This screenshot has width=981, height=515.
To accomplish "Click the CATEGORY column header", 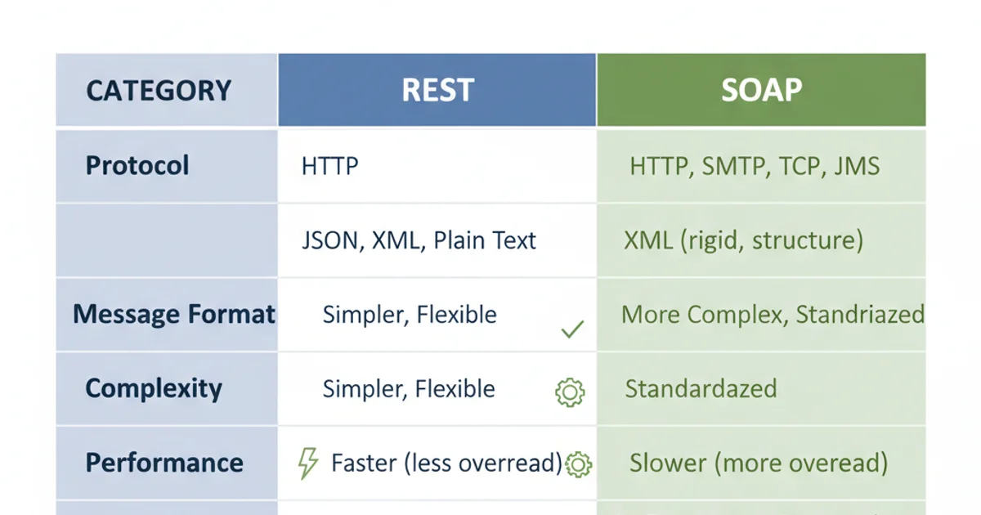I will pos(159,91).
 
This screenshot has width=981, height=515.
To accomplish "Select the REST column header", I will pos(437,91).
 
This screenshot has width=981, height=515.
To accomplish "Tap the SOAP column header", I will pos(761,91).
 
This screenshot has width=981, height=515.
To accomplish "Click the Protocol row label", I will pos(137,166).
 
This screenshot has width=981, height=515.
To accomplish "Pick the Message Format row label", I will pos(174,315).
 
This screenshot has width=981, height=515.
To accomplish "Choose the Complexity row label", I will pos(154,388).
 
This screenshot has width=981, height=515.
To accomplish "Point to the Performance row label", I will pos(164,463).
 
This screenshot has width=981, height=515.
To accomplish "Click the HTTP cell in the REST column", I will pos(329,167).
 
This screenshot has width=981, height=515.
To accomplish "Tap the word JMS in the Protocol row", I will pos(857,167).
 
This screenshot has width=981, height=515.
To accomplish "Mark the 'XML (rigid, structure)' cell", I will pos(743,241).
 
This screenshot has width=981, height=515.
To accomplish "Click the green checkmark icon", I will pos(572,329).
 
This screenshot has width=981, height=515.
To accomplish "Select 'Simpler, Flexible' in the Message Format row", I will pos(410,315).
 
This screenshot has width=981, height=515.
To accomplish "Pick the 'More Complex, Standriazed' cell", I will pos(773,315).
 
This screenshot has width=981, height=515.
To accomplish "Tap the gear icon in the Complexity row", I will pos(570,393).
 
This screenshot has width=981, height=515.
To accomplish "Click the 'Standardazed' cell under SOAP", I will pos(701,388).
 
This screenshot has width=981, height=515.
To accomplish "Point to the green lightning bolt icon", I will pos(307,463).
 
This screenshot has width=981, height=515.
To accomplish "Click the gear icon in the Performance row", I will pos(578,464).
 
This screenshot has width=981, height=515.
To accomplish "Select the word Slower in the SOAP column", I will pos(668,463).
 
